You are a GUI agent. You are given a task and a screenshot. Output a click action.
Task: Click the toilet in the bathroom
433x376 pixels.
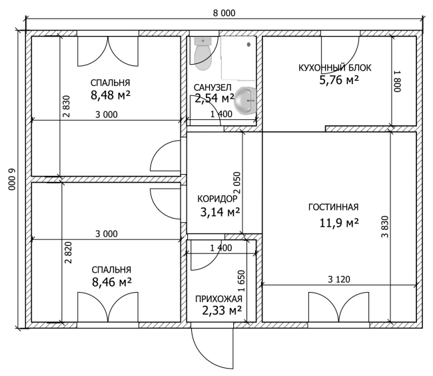point(203,53)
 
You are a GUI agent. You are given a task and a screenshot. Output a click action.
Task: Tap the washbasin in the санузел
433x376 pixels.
point(245,101)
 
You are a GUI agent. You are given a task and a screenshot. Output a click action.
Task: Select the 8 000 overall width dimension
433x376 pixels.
point(224,13)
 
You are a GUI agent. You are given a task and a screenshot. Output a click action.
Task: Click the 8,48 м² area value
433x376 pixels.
point(111,95)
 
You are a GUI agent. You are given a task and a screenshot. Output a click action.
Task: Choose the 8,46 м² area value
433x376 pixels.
point(111,283)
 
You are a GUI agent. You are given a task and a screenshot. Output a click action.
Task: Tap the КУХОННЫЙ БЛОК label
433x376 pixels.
point(334,68)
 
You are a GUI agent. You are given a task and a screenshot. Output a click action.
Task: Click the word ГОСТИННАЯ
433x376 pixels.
point(333,207)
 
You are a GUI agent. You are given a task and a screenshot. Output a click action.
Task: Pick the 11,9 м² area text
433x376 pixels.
point(339,223)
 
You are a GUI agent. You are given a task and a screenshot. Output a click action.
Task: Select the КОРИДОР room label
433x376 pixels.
point(217,199)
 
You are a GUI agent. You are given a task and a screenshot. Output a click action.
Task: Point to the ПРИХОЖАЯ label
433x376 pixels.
point(218,299)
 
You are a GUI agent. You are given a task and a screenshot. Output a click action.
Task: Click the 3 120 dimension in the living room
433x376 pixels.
point(339,279)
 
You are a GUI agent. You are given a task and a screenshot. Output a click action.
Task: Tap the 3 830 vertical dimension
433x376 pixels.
point(384,227)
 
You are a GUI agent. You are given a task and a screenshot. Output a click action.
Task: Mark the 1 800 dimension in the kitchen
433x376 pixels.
point(397,82)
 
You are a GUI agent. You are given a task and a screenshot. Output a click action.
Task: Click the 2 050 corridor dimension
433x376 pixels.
point(237,183)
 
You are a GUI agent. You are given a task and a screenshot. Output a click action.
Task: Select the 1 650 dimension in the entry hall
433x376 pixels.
point(241,281)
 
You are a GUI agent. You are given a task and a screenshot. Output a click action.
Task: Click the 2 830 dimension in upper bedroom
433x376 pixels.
point(67,107)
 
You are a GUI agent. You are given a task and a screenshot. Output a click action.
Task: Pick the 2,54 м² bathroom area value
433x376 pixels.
point(215,98)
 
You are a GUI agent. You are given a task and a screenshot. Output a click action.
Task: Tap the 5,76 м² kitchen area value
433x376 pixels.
point(339,80)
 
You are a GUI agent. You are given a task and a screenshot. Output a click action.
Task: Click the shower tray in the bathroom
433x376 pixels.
point(238,58)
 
